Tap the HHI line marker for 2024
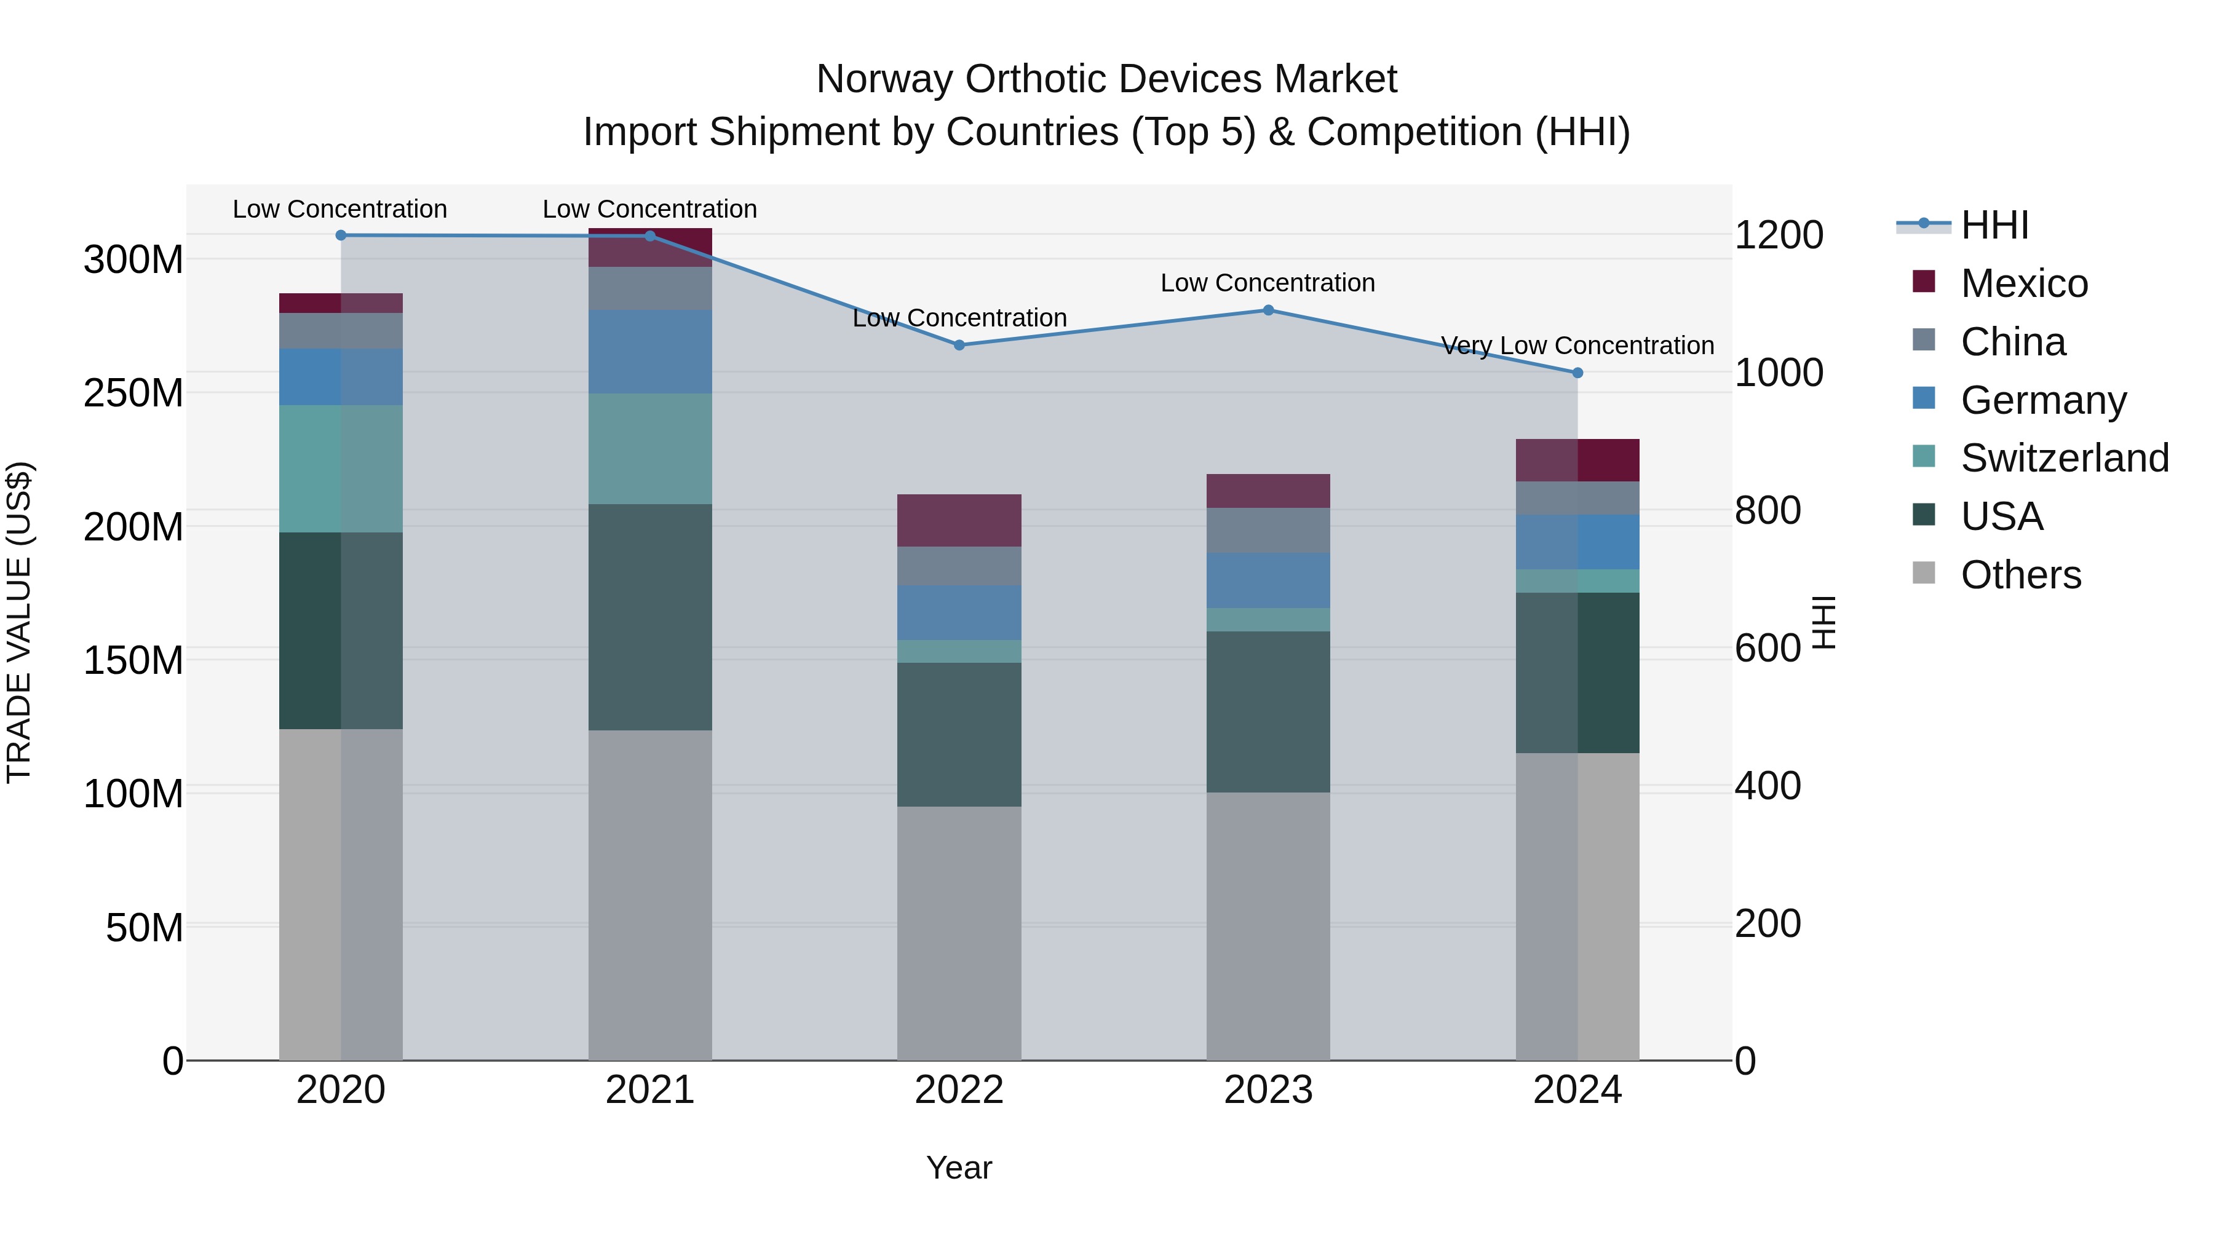[1577, 373]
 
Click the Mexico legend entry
[2023, 283]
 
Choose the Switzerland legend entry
[2063, 458]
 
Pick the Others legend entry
[2020, 575]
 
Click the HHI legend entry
[1994, 225]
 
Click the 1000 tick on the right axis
[1778, 373]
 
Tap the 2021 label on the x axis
[650, 1090]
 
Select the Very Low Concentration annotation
[1577, 346]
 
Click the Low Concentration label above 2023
[1268, 283]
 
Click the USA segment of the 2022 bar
[959, 735]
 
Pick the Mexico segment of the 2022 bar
[959, 521]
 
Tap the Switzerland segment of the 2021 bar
[650, 449]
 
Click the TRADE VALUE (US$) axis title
[19, 622]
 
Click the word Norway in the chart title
[884, 79]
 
